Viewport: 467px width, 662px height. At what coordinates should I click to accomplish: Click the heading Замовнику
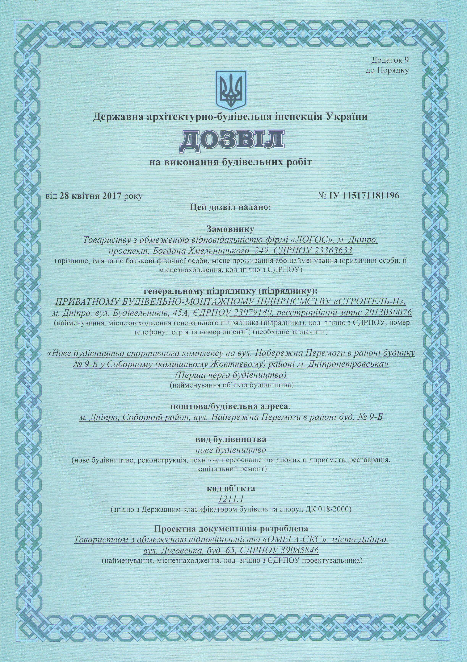click(230, 229)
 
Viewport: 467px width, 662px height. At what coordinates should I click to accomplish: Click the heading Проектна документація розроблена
click(231, 529)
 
